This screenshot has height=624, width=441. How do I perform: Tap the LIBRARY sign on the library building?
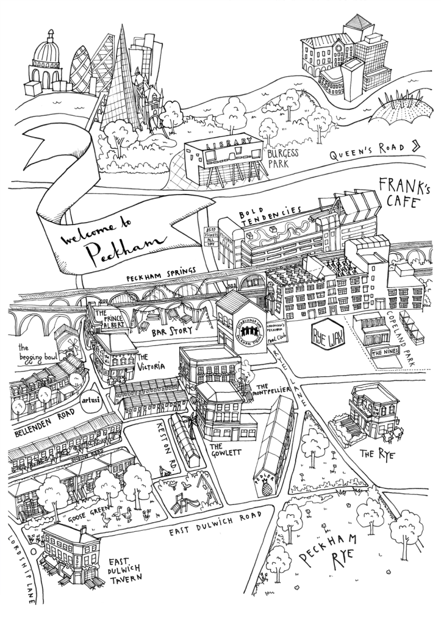226,145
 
